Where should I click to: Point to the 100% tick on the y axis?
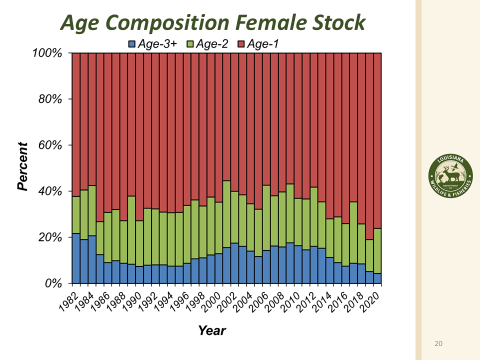tap(50, 52)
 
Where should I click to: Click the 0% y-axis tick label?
tap(55, 284)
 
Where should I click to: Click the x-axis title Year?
tap(212, 330)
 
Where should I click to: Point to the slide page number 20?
tap(438, 344)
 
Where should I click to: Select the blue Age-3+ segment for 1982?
tap(76, 258)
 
